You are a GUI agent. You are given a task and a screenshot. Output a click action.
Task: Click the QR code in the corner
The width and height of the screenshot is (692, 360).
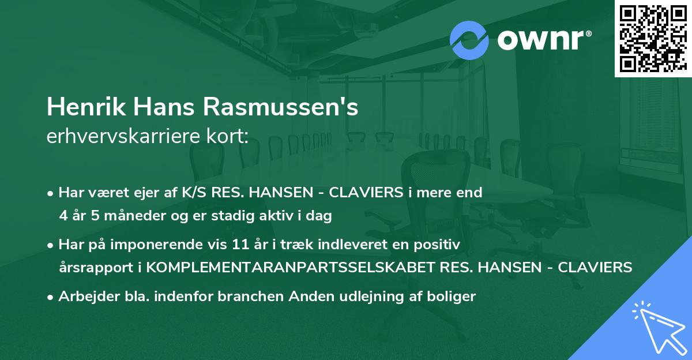(652, 38)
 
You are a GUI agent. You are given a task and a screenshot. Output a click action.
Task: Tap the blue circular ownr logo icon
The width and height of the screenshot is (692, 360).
(469, 40)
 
